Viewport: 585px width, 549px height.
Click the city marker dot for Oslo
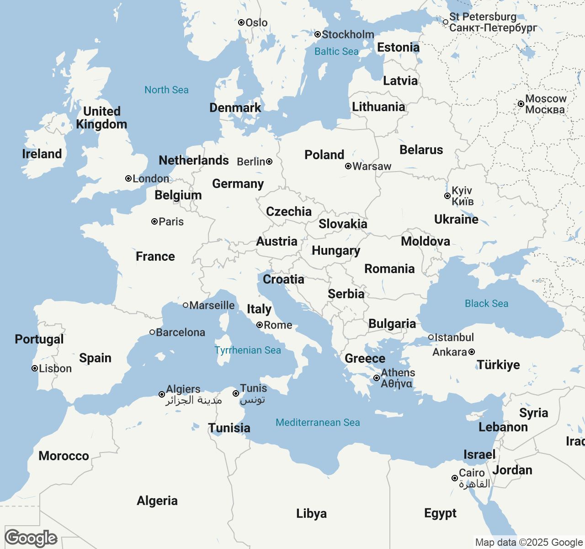(241, 22)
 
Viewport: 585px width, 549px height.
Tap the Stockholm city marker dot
(318, 34)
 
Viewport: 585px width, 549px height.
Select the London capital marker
(128, 178)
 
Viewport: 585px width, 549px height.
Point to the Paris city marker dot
(154, 221)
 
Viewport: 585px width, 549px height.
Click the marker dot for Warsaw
(348, 166)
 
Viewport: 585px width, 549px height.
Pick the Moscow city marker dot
(521, 104)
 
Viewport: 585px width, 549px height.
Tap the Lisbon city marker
(35, 368)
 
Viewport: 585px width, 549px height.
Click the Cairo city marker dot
(455, 478)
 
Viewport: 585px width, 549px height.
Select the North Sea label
(166, 90)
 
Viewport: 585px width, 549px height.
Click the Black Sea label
(486, 303)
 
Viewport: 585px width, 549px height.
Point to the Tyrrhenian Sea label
(248, 350)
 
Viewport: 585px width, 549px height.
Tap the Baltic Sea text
(336, 51)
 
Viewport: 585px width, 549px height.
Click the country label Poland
(324, 155)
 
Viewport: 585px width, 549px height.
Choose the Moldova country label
(425, 241)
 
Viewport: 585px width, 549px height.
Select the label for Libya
(311, 513)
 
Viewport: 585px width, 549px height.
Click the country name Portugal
(39, 339)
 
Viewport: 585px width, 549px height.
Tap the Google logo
(31, 538)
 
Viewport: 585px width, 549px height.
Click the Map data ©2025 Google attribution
(529, 543)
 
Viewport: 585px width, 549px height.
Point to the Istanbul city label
(454, 337)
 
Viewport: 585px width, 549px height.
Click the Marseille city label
(212, 305)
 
